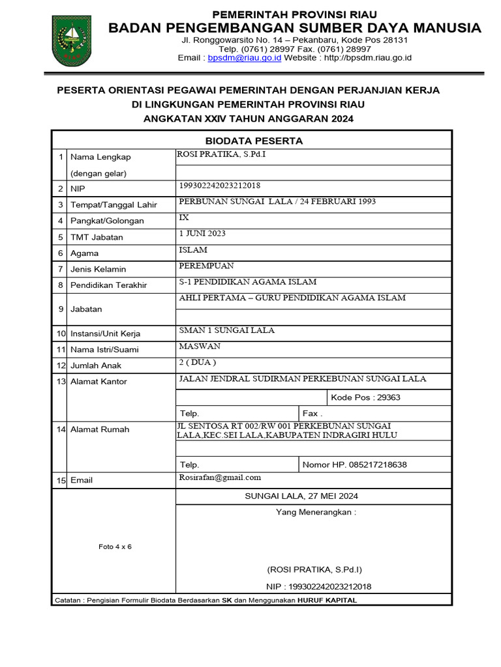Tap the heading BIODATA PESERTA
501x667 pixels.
click(254, 141)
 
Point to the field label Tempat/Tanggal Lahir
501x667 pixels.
click(114, 205)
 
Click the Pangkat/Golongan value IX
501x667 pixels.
click(184, 218)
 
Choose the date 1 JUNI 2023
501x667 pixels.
click(202, 233)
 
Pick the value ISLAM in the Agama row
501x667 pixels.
click(193, 249)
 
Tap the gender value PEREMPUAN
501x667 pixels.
click(206, 266)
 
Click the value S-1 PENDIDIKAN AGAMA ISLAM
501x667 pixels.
click(247, 282)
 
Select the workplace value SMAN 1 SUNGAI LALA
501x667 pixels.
click(226, 330)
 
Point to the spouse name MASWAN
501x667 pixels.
click(200, 346)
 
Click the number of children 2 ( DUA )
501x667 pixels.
click(197, 362)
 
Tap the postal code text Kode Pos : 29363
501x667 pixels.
click(366, 397)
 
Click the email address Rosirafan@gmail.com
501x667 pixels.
click(220, 477)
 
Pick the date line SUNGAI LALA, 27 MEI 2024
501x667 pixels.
click(301, 496)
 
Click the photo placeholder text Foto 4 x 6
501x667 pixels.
click(115, 546)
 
